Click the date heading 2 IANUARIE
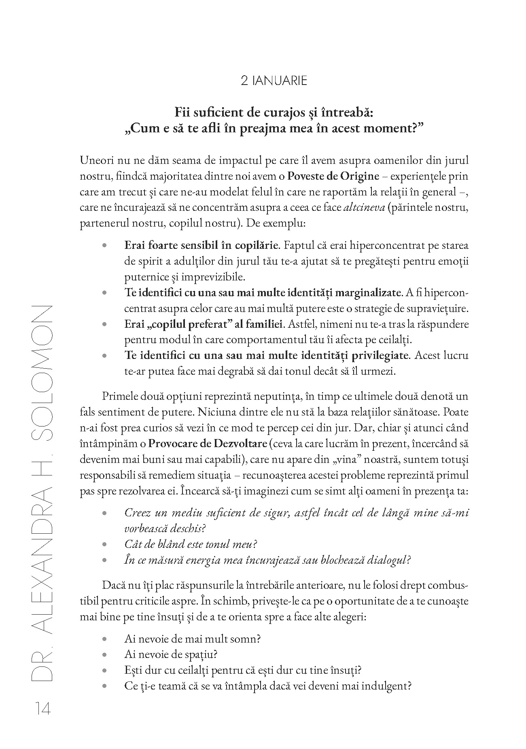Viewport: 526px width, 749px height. point(274,81)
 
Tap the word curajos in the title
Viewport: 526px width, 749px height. point(271,112)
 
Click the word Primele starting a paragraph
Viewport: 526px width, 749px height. point(120,396)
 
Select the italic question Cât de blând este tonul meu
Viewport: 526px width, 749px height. point(191,544)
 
